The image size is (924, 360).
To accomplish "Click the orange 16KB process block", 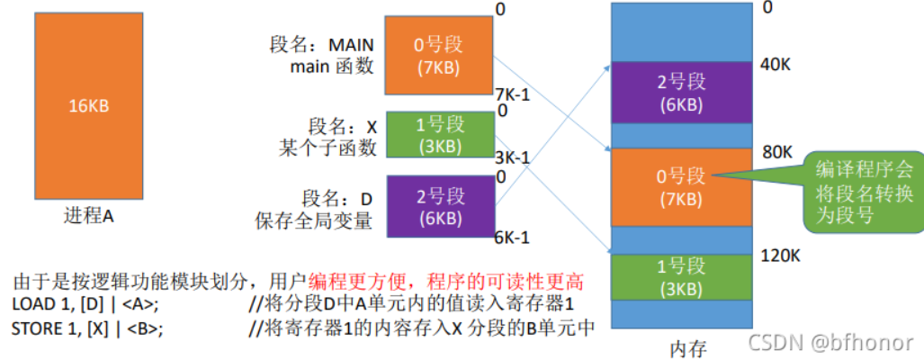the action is (88, 106).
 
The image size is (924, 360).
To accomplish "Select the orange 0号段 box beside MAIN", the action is (438, 56).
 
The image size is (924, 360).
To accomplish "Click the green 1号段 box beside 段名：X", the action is (440, 134).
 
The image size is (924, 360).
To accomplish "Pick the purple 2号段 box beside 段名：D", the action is (440, 206).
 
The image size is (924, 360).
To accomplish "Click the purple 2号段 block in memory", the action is (682, 93).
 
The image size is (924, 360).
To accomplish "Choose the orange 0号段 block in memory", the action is (682, 187).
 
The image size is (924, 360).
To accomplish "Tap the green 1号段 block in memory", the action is (682, 277).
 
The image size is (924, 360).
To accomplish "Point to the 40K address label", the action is (776, 64).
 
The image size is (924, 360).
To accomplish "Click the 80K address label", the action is (776, 152).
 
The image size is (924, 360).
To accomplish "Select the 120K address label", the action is (780, 256).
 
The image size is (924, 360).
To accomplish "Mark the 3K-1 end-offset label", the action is (512, 157).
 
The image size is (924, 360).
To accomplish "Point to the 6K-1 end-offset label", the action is (512, 238).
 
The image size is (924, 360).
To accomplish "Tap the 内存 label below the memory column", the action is (687, 349).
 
